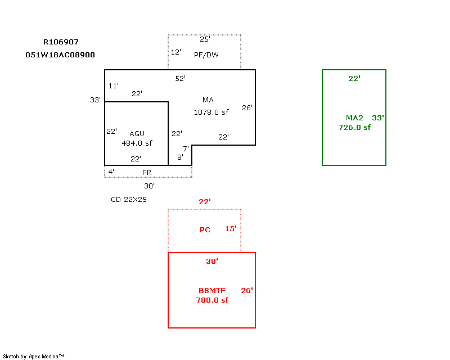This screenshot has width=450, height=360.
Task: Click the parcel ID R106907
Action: pyautogui.click(x=61, y=42)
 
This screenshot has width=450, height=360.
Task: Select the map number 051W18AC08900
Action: pyautogui.click(x=60, y=55)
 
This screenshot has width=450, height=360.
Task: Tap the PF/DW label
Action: pyautogui.click(x=206, y=55)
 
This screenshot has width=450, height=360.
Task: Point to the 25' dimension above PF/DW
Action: pyautogui.click(x=205, y=39)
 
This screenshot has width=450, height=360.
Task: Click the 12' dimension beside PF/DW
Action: pyautogui.click(x=176, y=52)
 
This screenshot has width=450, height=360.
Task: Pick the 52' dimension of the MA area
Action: pyautogui.click(x=180, y=79)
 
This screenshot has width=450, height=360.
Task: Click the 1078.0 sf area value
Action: pyautogui.click(x=211, y=112)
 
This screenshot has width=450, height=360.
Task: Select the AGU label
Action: pyautogui.click(x=137, y=133)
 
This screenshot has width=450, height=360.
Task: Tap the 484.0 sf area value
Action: pyautogui.click(x=137, y=143)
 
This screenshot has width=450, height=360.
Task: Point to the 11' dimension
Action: pyautogui.click(x=113, y=86)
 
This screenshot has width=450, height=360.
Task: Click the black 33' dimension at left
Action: pyautogui.click(x=95, y=100)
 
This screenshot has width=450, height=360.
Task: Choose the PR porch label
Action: pyautogui.click(x=147, y=172)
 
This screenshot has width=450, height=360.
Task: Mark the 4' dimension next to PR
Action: pyautogui.click(x=111, y=172)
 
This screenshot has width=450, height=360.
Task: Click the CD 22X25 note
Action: pyautogui.click(x=129, y=199)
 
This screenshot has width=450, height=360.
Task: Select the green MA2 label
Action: pyautogui.click(x=354, y=118)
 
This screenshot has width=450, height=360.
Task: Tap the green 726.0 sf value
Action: pyautogui.click(x=354, y=127)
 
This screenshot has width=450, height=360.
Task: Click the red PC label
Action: pyautogui.click(x=205, y=230)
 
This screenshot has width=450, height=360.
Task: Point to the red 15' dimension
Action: pyautogui.click(x=231, y=229)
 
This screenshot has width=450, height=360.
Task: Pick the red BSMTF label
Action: pyautogui.click(x=211, y=291)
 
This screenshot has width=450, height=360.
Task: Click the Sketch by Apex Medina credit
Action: pyautogui.click(x=33, y=356)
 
